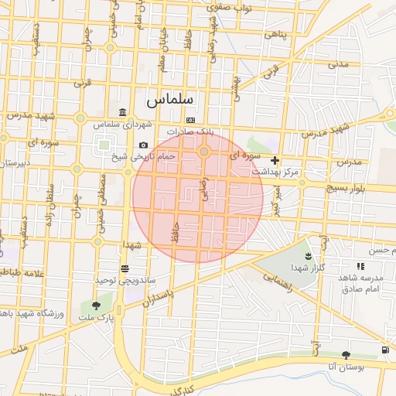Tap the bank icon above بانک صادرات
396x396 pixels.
point(190,120)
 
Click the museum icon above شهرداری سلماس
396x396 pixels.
point(123,113)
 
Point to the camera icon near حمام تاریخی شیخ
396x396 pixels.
point(143,145)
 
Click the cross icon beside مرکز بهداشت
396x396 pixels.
point(275,160)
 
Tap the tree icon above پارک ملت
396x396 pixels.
point(96,306)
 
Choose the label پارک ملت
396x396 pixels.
point(98,317)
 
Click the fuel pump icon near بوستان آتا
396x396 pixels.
point(385,351)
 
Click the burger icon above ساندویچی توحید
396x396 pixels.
point(125,268)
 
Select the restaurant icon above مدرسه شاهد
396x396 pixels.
point(360,266)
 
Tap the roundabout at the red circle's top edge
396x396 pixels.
point(204,152)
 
